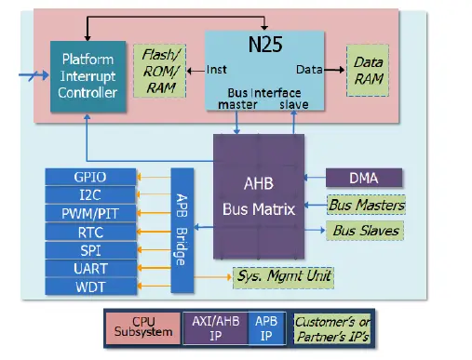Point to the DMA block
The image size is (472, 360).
[x=364, y=177]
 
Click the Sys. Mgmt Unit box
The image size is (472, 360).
[x=283, y=275]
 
